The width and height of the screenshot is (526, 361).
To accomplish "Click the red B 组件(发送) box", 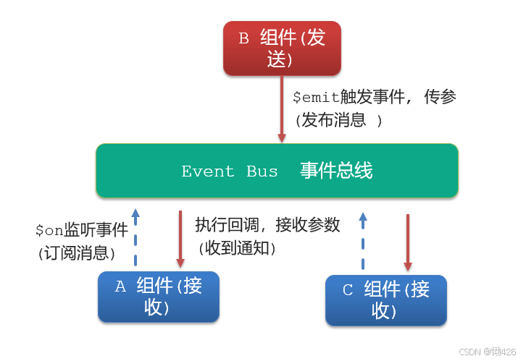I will click(282, 48).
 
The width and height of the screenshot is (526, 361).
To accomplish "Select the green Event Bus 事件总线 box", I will click(277, 171).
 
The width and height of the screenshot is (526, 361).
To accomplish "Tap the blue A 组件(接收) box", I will click(159, 297).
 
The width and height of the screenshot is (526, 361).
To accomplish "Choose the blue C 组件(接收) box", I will click(385, 300).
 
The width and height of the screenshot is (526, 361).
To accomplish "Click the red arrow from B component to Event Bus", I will click(282, 109).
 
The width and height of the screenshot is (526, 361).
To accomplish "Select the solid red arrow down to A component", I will click(180, 239).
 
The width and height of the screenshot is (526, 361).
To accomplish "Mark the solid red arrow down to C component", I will click(407, 242).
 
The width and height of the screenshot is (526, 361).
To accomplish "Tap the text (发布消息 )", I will click(338, 120).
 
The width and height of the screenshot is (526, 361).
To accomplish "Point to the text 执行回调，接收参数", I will click(267, 225).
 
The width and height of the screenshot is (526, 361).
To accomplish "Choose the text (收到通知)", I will click(237, 247).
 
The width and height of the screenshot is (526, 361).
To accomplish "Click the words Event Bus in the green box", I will click(230, 171).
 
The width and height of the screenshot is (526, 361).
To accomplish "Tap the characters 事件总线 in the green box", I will click(336, 171).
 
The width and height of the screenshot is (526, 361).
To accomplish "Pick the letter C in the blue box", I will click(348, 290).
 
